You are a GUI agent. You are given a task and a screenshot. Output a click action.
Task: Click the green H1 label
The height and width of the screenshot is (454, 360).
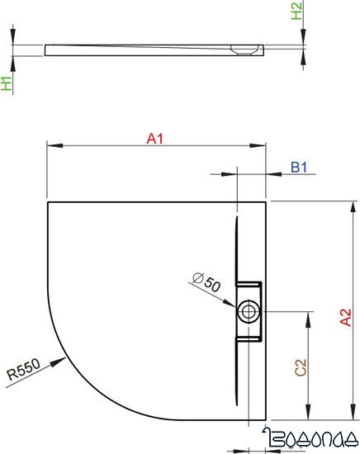(7, 83)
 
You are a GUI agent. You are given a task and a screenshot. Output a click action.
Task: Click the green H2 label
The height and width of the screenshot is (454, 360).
(298, 11)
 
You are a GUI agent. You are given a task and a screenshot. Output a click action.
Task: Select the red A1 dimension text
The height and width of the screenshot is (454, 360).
(155, 140)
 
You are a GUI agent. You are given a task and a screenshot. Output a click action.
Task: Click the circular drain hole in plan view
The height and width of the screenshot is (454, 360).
(248, 311)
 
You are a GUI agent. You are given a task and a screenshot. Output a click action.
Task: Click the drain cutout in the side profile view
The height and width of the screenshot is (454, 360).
(247, 50)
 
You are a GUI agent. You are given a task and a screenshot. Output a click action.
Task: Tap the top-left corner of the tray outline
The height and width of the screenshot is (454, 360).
(48, 201)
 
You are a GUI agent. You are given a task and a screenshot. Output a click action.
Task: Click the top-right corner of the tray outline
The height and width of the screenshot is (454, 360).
(267, 201)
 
